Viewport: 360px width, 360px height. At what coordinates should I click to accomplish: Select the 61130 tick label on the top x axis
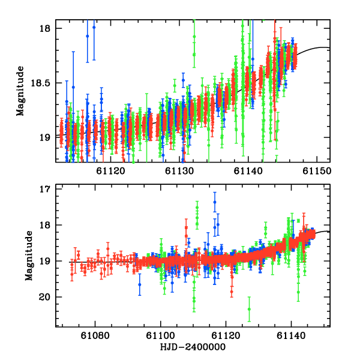point(179,172)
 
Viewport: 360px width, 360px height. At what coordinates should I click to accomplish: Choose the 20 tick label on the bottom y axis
point(48,297)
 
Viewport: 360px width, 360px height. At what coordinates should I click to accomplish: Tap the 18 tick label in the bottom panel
point(48,226)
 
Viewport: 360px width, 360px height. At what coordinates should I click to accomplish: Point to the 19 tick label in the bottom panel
point(48,261)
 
